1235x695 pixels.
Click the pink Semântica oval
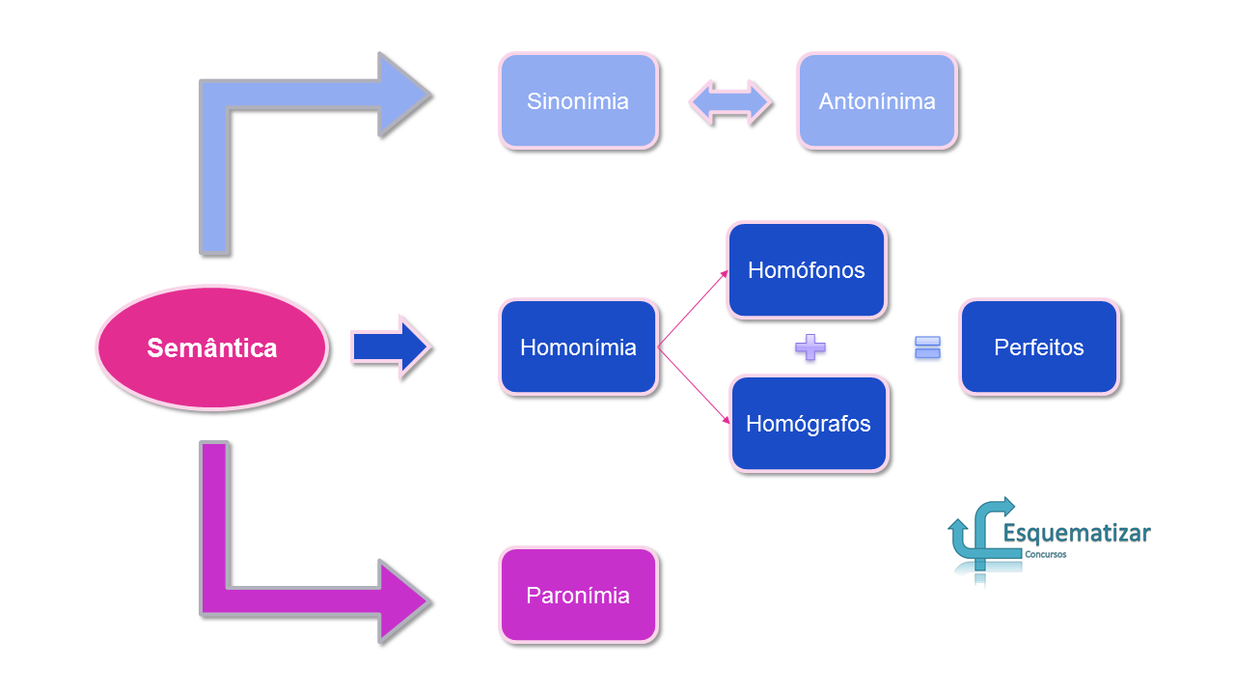tap(212, 347)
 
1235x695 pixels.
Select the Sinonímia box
tap(578, 101)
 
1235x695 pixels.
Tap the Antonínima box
tap(877, 101)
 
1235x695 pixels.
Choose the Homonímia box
tap(578, 347)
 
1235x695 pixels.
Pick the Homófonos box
tap(807, 269)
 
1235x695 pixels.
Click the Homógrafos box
tap(809, 424)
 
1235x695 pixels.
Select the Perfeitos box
tap(1039, 347)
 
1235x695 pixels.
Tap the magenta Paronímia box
tap(578, 596)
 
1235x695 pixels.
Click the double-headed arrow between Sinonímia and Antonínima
tap(730, 102)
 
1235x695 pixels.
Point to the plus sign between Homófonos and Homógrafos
tap(810, 347)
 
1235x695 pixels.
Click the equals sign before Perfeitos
tap(927, 347)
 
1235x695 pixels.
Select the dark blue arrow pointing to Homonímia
tap(391, 347)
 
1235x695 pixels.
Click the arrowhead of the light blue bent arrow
tap(404, 95)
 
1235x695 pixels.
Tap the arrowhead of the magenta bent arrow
tap(404, 601)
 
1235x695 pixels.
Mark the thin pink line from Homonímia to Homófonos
tap(693, 309)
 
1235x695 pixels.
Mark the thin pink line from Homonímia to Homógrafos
tap(694, 385)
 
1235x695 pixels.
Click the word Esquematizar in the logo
tap(1076, 534)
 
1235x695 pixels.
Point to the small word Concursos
tap(1045, 554)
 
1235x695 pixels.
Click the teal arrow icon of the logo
tap(980, 538)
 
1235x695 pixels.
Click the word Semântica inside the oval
tap(212, 348)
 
